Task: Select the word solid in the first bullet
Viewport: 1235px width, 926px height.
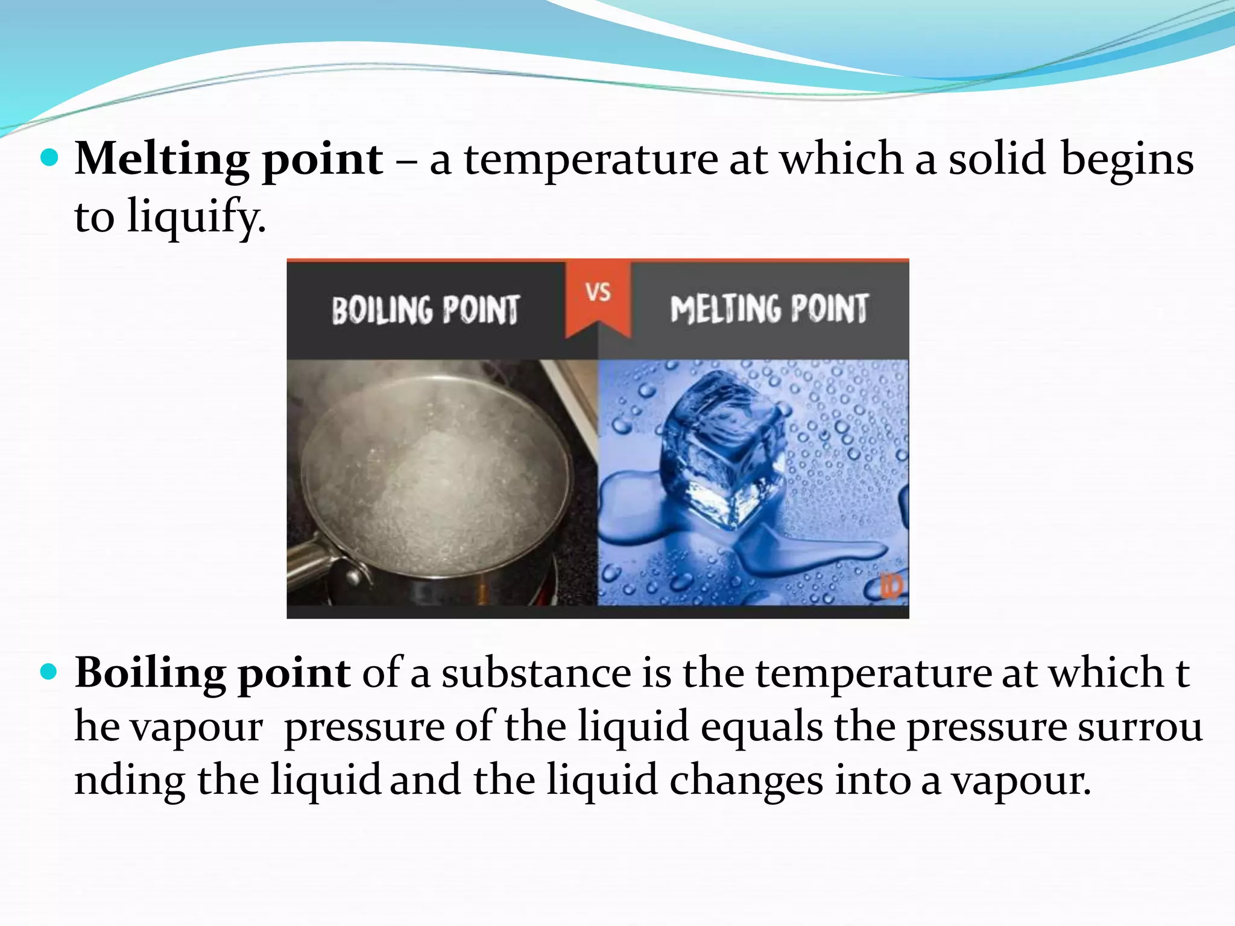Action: (x=997, y=159)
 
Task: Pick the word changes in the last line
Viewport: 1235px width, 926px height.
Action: (x=746, y=780)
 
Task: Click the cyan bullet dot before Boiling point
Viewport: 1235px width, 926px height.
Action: (x=49, y=672)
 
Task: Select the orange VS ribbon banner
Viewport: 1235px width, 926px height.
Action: (x=598, y=297)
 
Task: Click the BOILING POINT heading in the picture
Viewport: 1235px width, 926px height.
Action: (x=425, y=310)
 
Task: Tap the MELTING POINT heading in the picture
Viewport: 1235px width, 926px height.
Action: (x=769, y=309)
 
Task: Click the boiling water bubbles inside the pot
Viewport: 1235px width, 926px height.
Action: (x=434, y=482)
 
